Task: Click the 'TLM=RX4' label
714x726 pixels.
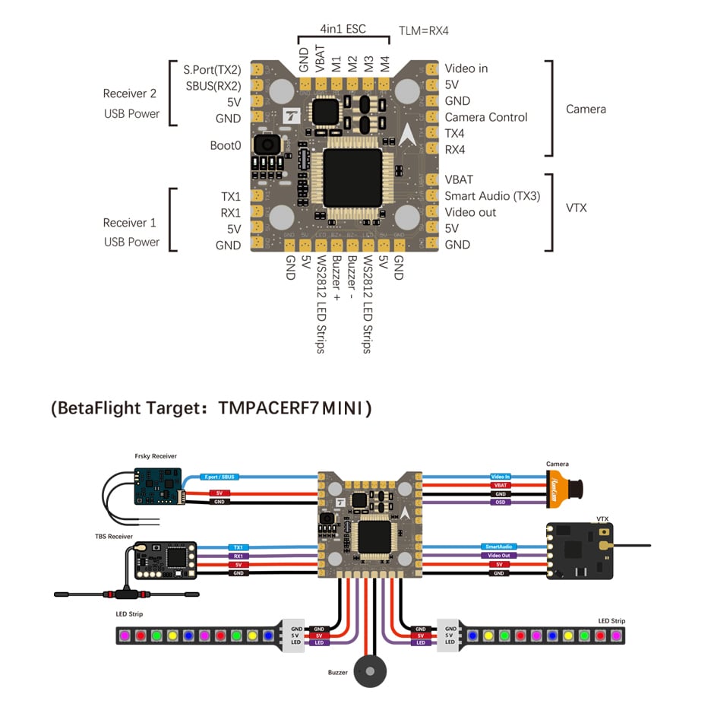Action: (422, 30)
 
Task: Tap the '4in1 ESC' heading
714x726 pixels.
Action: (343, 29)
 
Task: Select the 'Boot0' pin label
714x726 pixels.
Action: (226, 145)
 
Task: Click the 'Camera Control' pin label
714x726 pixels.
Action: (486, 117)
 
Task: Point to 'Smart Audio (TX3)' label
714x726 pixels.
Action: (492, 196)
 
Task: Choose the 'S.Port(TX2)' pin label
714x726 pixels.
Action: (212, 69)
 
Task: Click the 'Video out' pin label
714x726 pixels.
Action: (470, 212)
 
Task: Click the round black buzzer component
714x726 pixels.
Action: (371, 672)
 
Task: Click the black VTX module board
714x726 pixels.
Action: (581, 550)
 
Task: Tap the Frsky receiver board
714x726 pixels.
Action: (157, 487)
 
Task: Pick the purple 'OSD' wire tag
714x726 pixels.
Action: (501, 502)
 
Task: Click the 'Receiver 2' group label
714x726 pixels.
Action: (130, 94)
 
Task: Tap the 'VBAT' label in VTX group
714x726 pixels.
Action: (459, 179)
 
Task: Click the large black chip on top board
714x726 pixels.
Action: (352, 176)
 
